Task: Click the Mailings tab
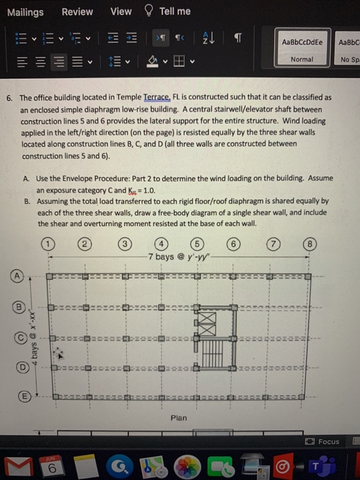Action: tap(25, 11)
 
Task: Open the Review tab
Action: tap(77, 11)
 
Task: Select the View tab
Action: tap(121, 11)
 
